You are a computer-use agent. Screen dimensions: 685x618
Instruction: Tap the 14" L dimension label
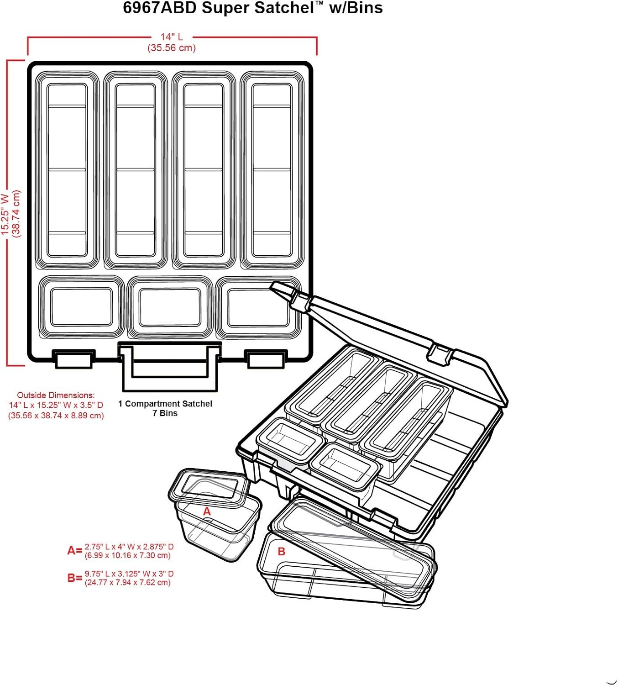172,37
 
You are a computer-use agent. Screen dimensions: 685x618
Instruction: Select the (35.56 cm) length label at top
172,48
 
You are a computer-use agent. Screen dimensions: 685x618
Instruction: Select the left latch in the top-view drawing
73,359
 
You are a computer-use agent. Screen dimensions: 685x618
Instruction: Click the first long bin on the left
67,170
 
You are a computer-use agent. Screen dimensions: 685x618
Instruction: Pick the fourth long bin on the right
272,170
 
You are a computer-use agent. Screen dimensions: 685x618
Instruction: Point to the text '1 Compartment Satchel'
165,404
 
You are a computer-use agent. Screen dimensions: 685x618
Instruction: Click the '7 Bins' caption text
165,413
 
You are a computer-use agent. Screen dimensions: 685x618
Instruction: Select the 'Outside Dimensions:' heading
56,395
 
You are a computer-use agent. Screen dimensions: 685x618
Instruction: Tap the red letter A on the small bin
207,512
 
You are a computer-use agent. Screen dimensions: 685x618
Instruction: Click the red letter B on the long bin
282,552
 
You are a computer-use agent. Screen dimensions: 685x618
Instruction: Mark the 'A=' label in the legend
74,551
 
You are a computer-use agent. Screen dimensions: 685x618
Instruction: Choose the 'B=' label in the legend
74,578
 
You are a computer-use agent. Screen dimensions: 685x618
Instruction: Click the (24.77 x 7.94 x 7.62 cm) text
127,583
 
